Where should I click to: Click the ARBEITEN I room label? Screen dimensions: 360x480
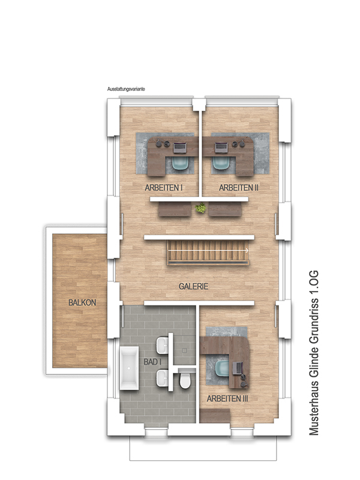163,188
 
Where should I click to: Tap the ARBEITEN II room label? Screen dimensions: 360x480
238,188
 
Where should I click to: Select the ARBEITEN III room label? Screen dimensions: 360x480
227,398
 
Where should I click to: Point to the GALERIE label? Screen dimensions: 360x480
193,286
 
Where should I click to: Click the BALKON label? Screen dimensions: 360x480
82,302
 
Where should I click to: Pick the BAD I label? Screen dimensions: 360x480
152,362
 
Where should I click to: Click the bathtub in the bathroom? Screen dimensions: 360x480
129,368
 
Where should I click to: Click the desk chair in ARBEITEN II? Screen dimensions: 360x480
221,163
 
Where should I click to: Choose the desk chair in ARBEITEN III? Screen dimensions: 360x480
223,368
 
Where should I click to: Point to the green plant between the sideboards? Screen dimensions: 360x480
201,208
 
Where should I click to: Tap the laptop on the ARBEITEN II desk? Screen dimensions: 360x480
221,148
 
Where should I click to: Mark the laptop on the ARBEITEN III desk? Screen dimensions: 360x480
238,368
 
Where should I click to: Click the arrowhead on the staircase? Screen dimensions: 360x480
247,250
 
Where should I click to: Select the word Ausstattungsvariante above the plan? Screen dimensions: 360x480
126,89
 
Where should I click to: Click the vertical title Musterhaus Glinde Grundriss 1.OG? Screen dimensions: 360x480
314,353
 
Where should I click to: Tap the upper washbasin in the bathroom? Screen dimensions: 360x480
163,346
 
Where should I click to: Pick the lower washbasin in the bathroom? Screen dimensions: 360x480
163,378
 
